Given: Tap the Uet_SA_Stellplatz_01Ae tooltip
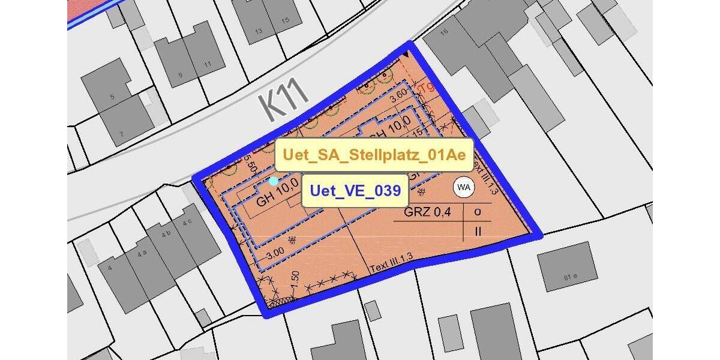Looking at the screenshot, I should coord(374,155).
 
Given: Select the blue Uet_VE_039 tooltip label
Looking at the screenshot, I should coord(355,191).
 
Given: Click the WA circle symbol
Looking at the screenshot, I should coord(463,188).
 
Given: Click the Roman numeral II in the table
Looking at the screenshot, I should coord(478,230).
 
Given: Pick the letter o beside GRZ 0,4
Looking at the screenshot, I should coord(478,211).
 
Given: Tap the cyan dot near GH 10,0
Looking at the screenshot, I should coord(274,181).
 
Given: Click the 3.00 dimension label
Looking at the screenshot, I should coord(276,255).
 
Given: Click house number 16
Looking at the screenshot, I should coord(444,32).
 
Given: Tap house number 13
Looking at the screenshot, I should coord(259,31).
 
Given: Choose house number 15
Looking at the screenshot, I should coord(285,20).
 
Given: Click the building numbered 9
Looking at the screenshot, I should coord(179,76).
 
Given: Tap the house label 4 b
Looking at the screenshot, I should coord(169,233).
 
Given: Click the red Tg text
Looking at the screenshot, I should coord(427,88).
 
